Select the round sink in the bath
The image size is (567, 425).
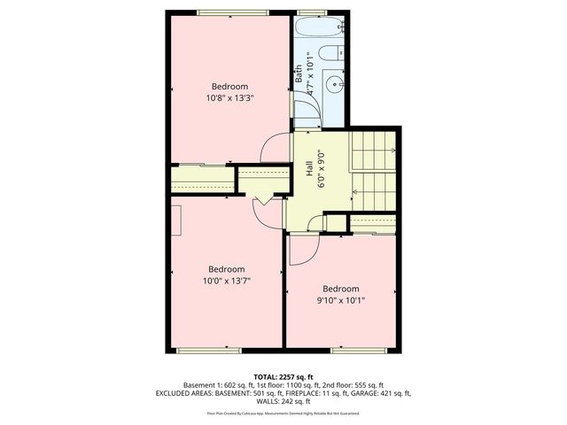click(x=330, y=86)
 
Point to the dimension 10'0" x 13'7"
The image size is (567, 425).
click(x=226, y=282)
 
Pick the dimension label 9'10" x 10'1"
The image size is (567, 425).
click(x=340, y=301)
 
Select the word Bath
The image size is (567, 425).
click(x=299, y=75)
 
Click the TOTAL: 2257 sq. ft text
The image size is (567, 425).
click(x=283, y=376)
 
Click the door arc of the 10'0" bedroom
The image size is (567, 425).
click(x=263, y=211)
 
